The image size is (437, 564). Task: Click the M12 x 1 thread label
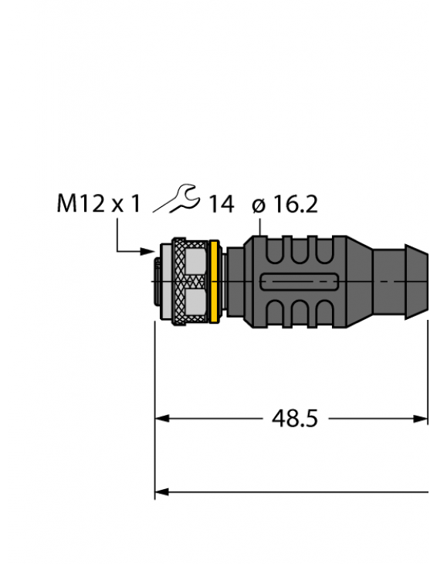coord(99,204)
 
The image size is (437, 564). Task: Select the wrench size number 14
coord(221,204)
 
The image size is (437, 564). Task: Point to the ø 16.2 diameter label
coord(285,204)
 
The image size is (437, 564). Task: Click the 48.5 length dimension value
coord(294,419)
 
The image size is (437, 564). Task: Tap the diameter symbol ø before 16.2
coord(259,205)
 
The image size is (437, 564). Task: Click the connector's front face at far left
coord(158,282)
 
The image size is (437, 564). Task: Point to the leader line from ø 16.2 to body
coord(263,226)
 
